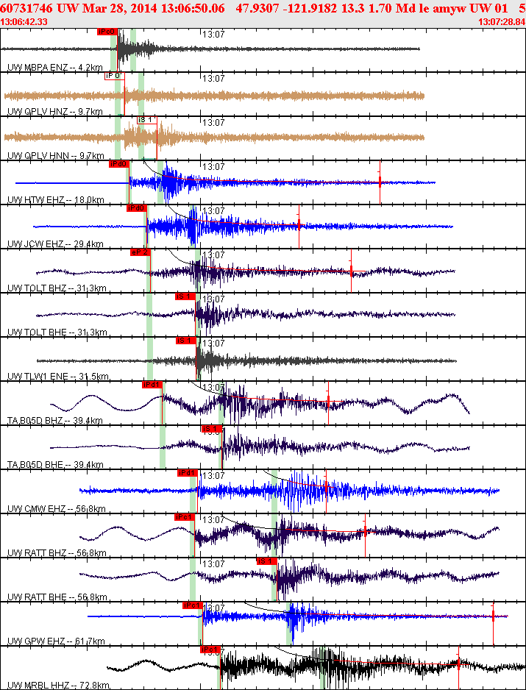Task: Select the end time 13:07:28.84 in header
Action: (x=502, y=22)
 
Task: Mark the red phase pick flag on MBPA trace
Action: (x=107, y=32)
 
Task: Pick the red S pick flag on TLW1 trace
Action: (x=185, y=341)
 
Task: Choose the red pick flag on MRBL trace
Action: (x=210, y=650)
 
